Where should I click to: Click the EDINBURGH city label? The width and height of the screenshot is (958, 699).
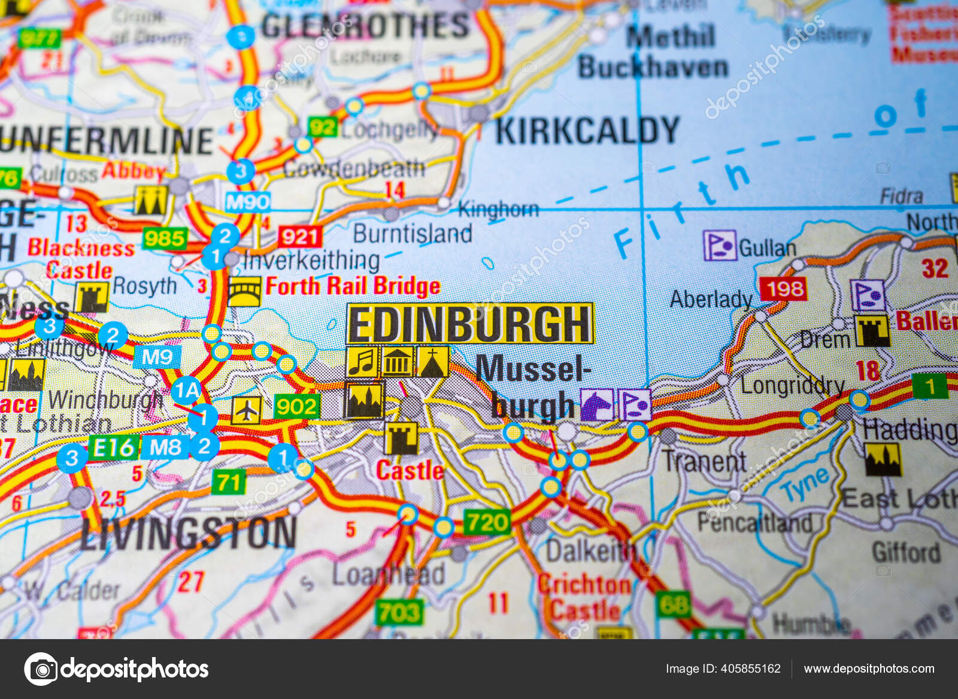pyautogui.click(x=470, y=323)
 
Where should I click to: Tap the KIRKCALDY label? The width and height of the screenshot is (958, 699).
pyautogui.click(x=587, y=131)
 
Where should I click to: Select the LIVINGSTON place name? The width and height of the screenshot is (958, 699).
pyautogui.click(x=189, y=533)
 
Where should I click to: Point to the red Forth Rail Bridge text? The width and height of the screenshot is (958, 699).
pyautogui.click(x=353, y=286)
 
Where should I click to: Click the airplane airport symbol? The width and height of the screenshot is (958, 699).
pyautogui.click(x=246, y=410)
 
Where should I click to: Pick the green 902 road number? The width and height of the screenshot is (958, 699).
pyautogui.click(x=297, y=407)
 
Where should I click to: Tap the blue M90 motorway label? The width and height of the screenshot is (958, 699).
pyautogui.click(x=247, y=202)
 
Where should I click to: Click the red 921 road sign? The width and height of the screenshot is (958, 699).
pyautogui.click(x=299, y=237)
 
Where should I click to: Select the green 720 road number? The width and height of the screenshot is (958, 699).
pyautogui.click(x=487, y=522)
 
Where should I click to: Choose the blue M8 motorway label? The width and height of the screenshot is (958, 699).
pyautogui.click(x=166, y=447)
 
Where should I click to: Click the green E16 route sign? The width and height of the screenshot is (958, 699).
pyautogui.click(x=113, y=447)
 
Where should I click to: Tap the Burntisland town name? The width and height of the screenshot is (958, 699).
pyautogui.click(x=413, y=234)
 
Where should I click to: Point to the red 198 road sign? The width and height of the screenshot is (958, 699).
pyautogui.click(x=783, y=289)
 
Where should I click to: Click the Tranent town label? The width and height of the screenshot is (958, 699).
pyautogui.click(x=704, y=461)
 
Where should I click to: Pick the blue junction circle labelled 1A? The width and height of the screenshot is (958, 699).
pyautogui.click(x=187, y=391)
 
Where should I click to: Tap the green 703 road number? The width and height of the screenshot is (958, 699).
pyautogui.click(x=399, y=612)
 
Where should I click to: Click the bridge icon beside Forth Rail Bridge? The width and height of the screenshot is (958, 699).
pyautogui.click(x=244, y=292)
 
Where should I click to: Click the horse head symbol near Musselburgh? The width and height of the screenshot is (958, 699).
pyautogui.click(x=596, y=404)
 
